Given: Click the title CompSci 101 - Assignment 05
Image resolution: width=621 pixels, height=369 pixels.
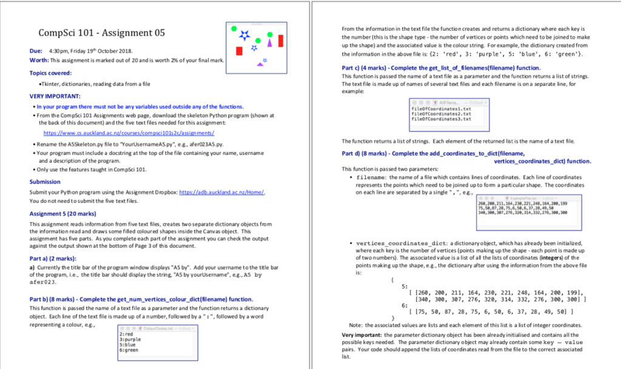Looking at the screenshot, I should [101, 33].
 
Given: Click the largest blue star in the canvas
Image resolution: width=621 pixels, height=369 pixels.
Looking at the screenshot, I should [244, 35].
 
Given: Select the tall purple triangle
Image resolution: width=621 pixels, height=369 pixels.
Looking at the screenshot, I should [269, 41].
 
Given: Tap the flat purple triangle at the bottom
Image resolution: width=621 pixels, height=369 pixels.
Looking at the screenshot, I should [261, 63].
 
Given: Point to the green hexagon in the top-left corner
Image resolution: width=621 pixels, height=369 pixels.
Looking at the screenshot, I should [233, 28].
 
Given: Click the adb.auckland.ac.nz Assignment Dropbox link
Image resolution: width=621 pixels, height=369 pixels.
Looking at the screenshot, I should [223, 191].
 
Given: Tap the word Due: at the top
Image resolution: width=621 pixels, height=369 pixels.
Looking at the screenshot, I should [35, 51].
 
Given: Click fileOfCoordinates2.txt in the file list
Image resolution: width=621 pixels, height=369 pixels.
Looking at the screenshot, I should [432, 114].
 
